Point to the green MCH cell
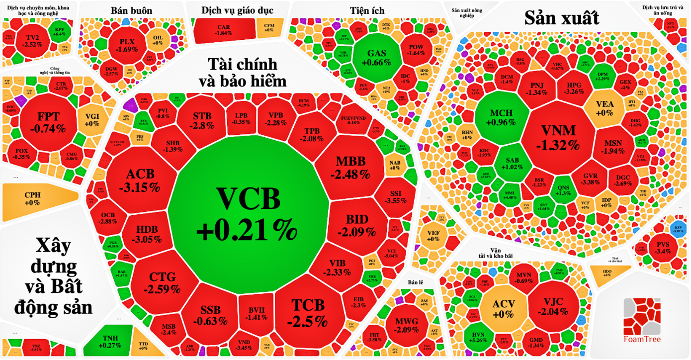(x=501, y=117)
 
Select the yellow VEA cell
(x=605, y=108)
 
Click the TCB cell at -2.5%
(x=307, y=313)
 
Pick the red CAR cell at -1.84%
(x=224, y=30)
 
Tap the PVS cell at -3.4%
(x=663, y=247)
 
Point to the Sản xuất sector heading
(x=562, y=18)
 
